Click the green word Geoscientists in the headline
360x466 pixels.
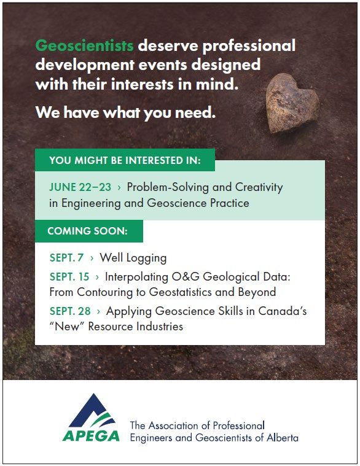coord(84,46)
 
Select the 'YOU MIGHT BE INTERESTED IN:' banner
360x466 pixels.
coord(125,160)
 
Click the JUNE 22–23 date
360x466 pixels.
coord(80,187)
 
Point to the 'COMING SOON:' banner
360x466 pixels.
coord(89,231)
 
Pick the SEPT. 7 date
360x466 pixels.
coord(66,258)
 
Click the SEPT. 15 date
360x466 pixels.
coord(69,277)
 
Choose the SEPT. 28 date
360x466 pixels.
coord(70,311)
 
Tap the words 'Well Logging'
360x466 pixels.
coord(133,258)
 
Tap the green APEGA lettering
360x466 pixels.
coord(92,436)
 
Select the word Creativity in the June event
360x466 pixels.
coord(259,187)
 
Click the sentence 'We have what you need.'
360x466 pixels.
coord(125,112)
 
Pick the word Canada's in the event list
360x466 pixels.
coord(283,311)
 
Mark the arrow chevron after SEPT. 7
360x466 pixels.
coord(92,258)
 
